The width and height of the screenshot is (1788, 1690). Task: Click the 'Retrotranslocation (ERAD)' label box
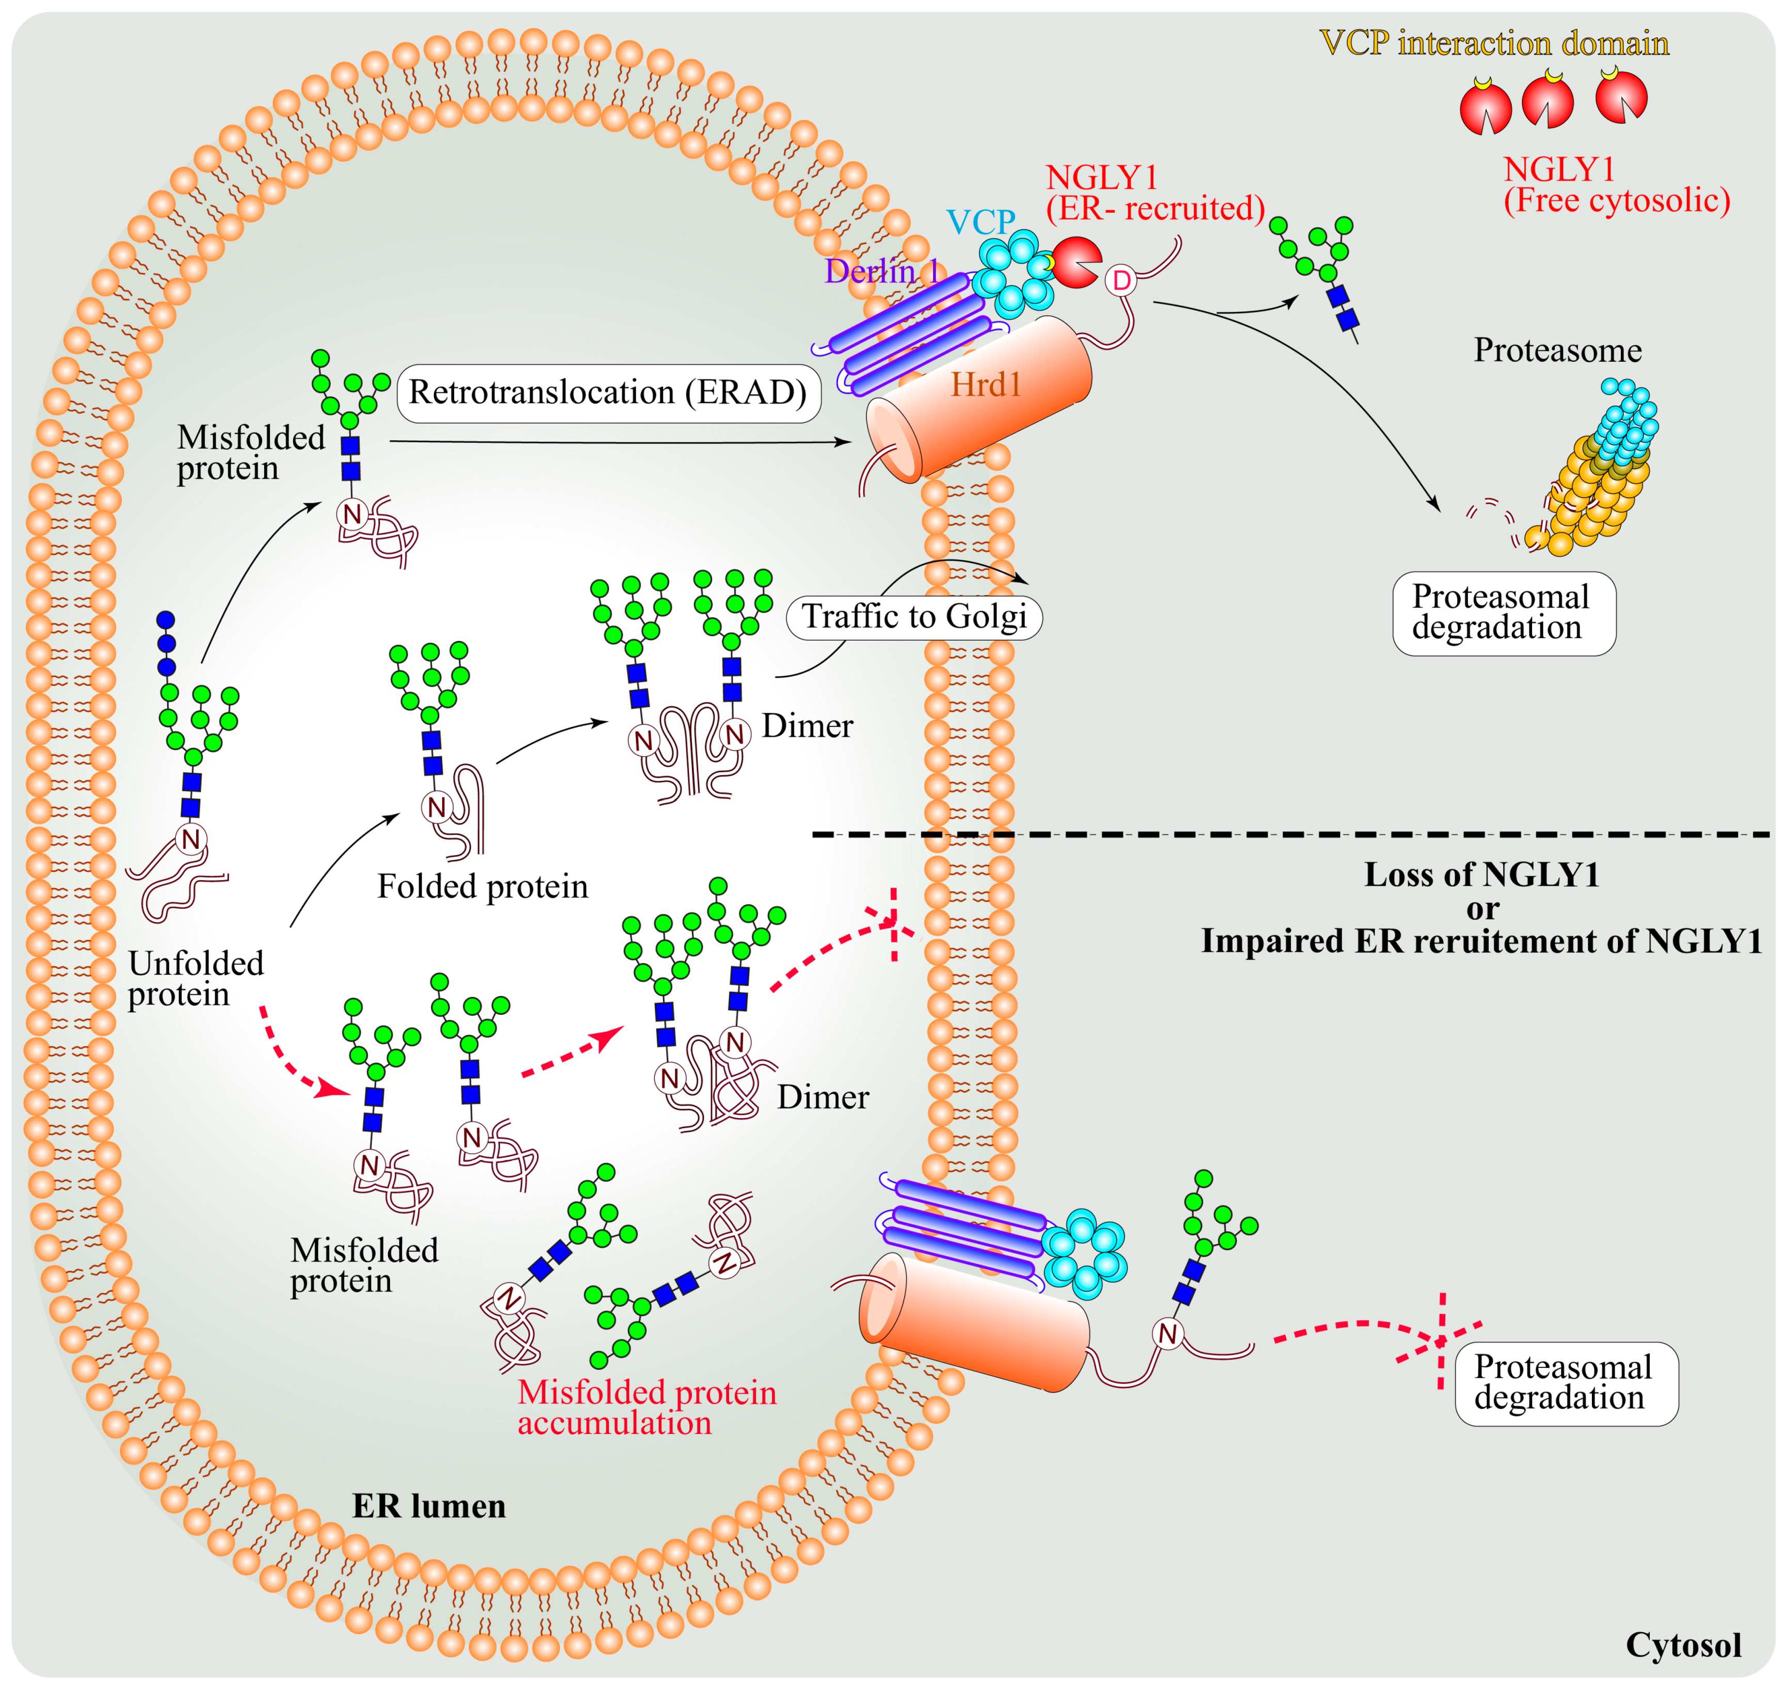(608, 393)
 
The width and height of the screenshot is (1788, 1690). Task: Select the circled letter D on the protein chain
(1121, 281)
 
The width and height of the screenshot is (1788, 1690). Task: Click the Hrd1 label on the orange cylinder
(986, 386)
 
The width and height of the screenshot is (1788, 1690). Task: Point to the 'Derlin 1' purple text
(881, 271)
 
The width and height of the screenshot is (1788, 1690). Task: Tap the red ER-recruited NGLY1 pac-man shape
(1074, 262)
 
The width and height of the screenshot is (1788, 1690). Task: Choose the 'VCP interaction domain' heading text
(1493, 43)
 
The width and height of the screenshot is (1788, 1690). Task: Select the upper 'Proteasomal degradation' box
(1503, 613)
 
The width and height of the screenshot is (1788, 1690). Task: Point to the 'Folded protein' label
(482, 886)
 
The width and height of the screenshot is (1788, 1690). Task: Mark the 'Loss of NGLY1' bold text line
(1481, 874)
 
